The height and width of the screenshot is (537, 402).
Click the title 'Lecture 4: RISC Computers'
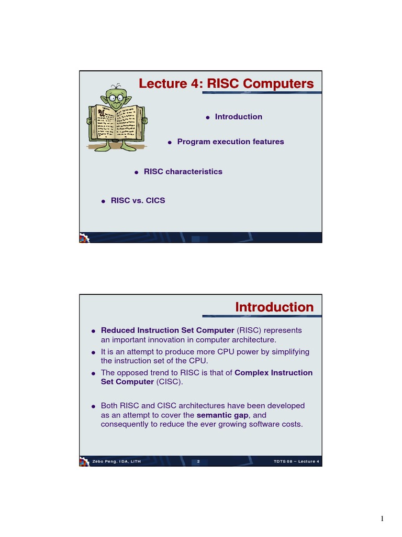(x=226, y=84)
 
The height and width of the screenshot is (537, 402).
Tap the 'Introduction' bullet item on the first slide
(x=238, y=117)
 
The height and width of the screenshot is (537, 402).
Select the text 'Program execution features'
(x=230, y=142)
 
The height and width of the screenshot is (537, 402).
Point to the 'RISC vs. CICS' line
(x=138, y=200)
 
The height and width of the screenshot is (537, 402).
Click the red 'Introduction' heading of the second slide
(x=274, y=307)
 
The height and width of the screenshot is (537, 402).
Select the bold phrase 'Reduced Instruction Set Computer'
(x=167, y=330)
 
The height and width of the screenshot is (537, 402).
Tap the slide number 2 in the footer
(x=198, y=461)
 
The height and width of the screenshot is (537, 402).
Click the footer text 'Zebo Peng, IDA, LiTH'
(x=116, y=461)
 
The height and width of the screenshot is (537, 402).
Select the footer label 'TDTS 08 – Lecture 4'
(x=296, y=461)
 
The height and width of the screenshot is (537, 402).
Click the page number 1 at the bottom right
(x=382, y=519)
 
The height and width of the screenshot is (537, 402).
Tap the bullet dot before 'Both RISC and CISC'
(x=93, y=406)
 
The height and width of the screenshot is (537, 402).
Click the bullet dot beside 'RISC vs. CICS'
(x=103, y=201)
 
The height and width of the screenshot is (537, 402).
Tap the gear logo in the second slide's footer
(x=84, y=461)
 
